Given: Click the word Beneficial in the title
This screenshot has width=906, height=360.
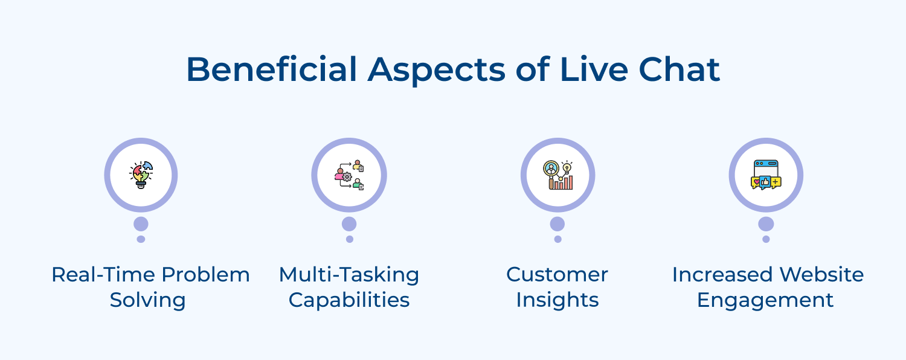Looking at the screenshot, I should pyautogui.click(x=271, y=69).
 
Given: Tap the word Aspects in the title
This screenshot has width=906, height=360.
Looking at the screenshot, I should pyautogui.click(x=436, y=69).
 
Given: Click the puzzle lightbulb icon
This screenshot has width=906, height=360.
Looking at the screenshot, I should pyautogui.click(x=141, y=175).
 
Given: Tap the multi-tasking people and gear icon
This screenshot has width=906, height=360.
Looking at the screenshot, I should pyautogui.click(x=349, y=175).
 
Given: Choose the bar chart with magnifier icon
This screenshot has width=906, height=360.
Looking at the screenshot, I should pyautogui.click(x=557, y=175).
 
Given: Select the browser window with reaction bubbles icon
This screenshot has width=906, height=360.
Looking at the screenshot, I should pyautogui.click(x=766, y=175).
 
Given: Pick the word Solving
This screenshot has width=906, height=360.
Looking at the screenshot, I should pyautogui.click(x=148, y=300).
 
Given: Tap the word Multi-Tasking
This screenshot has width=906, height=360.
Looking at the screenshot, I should pyautogui.click(x=349, y=275).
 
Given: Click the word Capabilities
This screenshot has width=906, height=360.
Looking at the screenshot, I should pyautogui.click(x=349, y=300).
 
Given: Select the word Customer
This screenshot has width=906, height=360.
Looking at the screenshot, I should pyautogui.click(x=557, y=275).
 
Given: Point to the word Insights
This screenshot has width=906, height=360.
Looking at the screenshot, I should pyautogui.click(x=557, y=300).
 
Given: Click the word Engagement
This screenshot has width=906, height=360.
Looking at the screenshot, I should pyautogui.click(x=765, y=300).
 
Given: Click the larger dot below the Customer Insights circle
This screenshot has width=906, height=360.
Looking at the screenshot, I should pyautogui.click(x=557, y=224).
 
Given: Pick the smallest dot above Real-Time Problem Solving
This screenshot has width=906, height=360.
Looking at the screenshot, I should pyautogui.click(x=141, y=239).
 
